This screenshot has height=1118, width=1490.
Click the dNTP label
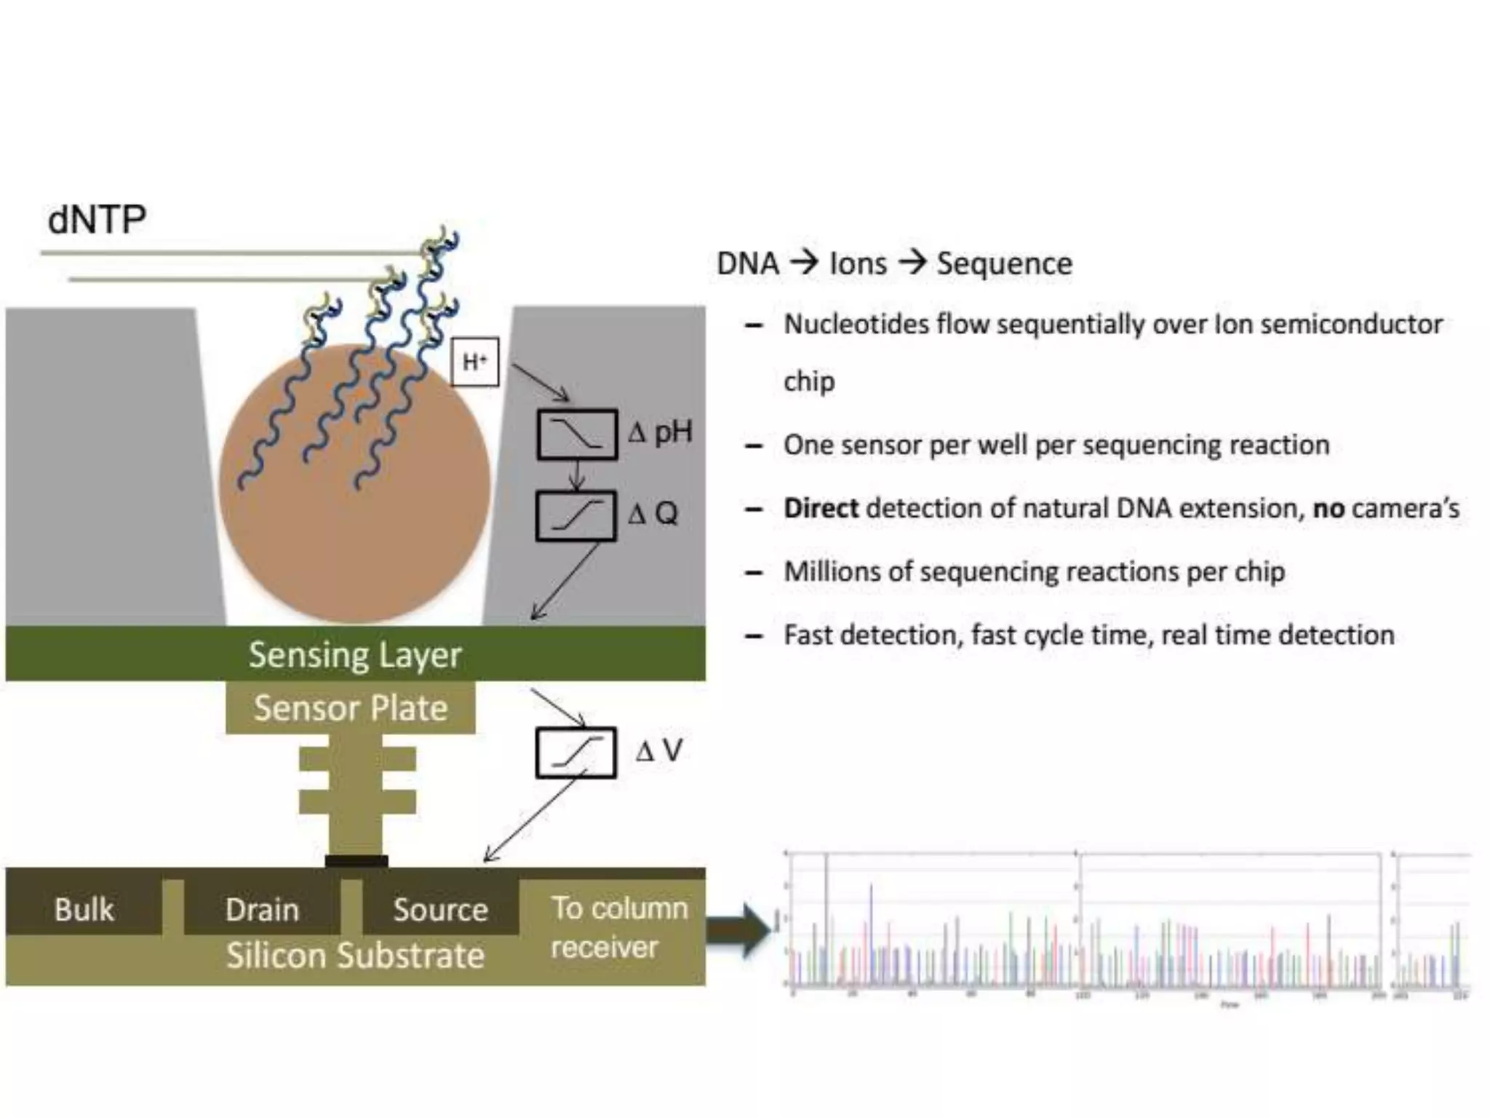97,219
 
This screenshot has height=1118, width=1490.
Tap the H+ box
474,362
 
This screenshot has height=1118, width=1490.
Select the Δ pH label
660,432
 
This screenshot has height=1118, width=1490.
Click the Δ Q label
653,514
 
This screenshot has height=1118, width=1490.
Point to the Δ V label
659,750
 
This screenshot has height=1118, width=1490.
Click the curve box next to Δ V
576,753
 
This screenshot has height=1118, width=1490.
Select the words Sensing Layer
355,654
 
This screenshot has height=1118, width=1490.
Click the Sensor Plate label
351,707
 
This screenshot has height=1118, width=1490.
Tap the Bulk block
84,909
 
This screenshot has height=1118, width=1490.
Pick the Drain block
262,909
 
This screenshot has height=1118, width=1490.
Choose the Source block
440,909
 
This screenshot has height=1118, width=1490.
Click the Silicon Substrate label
355,956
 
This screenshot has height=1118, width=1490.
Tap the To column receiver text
618,927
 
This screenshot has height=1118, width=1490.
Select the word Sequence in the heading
1004,263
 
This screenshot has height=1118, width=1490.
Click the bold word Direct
821,508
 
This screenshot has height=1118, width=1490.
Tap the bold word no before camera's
1328,508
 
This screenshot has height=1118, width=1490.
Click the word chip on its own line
809,381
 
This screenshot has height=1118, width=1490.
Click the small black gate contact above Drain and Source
356,861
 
